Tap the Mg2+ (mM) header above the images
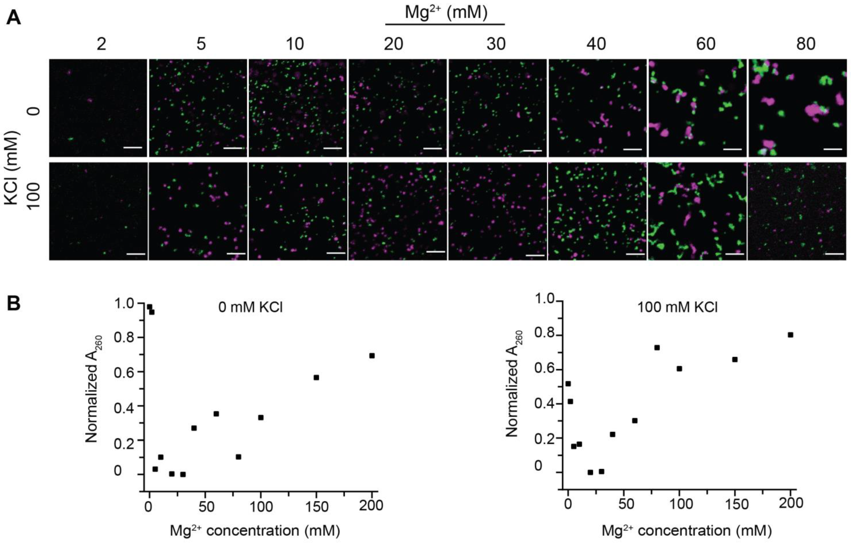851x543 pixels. click(x=446, y=12)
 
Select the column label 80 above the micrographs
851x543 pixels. click(x=806, y=44)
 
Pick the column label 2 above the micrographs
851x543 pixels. click(x=102, y=44)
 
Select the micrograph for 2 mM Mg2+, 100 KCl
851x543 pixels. click(x=98, y=211)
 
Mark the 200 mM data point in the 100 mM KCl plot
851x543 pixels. click(x=791, y=335)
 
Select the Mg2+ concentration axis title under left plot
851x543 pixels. click(x=255, y=531)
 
